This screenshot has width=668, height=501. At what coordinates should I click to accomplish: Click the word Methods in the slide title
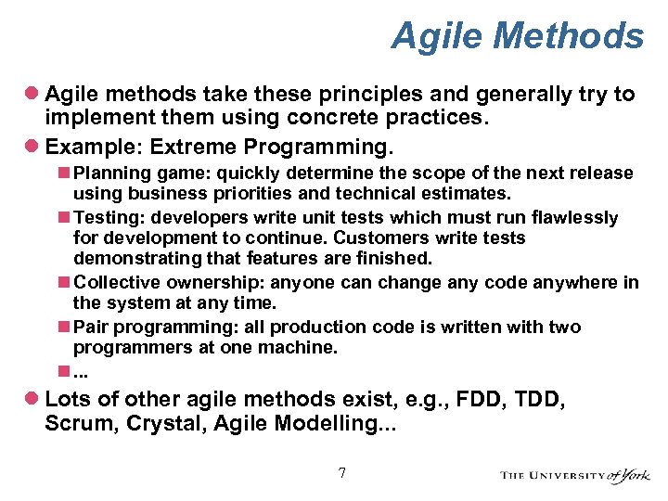pos(570,36)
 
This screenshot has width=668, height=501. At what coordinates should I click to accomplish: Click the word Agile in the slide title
pos(439,36)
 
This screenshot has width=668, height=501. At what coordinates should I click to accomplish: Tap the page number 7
pos(341,473)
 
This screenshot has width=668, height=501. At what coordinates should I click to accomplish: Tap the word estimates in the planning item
pos(469,194)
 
